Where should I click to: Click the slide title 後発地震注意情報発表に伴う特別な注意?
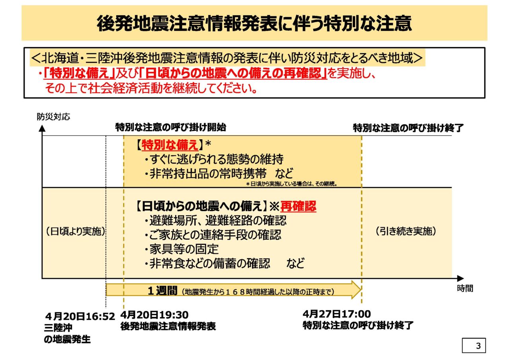(x=254, y=23)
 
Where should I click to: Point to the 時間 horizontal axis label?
(x=465, y=289)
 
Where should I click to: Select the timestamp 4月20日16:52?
(x=80, y=317)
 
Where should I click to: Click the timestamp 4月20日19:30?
(x=154, y=315)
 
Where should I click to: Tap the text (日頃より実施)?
(x=75, y=232)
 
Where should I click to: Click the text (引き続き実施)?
(x=406, y=232)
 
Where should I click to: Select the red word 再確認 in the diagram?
(x=298, y=206)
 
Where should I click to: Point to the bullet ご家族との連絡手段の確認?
(x=212, y=234)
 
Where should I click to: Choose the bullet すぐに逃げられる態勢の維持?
(x=214, y=160)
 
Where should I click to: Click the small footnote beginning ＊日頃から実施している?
(x=291, y=184)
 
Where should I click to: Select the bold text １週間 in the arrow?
(x=162, y=291)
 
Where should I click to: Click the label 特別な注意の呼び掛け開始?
(x=171, y=127)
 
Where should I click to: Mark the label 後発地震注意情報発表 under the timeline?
(x=168, y=327)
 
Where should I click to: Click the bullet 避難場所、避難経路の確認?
(x=215, y=220)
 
